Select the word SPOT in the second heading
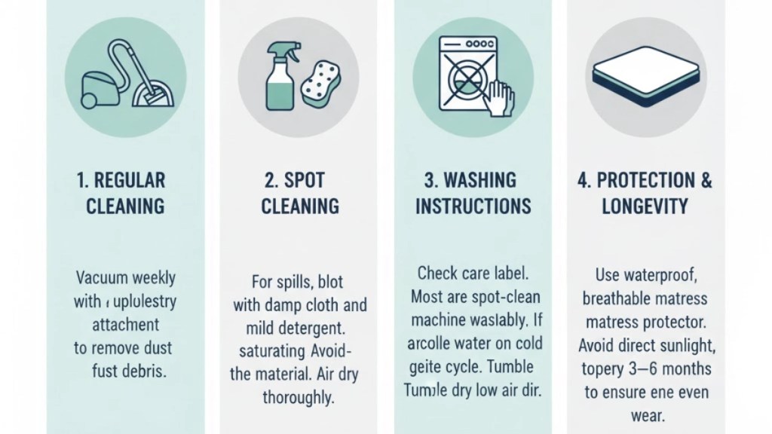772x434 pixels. coord(305,181)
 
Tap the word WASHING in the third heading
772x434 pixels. coord(490,181)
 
